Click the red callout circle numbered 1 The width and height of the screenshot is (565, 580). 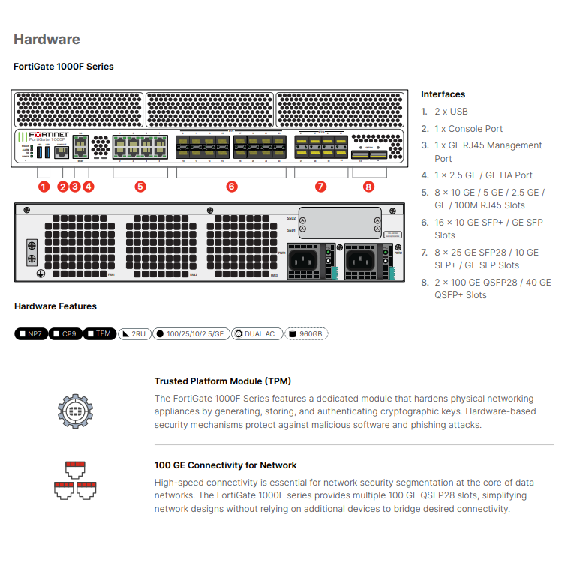44,187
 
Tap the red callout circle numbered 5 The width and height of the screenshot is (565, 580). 140,187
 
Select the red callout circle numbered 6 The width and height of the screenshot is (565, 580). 231,187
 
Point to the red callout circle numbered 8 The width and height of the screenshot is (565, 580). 368,187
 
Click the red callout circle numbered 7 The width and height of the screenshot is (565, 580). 321,187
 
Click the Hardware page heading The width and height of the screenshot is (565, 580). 47,39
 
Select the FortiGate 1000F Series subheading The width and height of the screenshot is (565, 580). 64,67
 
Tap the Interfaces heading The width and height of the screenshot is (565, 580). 443,94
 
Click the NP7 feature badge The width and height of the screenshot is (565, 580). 31,333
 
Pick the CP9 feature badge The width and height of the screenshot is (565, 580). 65,333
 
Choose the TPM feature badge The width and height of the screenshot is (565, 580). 99,333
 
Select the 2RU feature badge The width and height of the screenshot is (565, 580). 134,333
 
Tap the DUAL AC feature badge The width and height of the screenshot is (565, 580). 256,333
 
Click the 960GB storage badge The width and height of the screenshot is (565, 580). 306,333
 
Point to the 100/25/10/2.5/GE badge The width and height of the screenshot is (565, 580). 191,333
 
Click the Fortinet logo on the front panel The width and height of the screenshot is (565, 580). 49,136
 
